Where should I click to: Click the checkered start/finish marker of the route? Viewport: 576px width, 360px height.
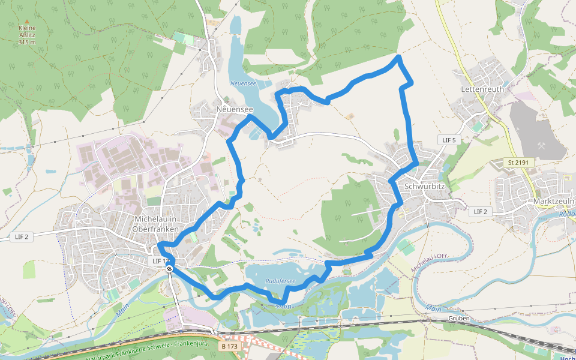click(x=170, y=269)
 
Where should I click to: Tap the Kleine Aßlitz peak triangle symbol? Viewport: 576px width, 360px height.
click(x=27, y=22)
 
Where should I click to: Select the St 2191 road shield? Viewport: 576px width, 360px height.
click(x=520, y=163)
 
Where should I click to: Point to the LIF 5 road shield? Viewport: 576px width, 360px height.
click(x=449, y=140)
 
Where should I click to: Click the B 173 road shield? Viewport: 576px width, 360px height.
click(x=229, y=346)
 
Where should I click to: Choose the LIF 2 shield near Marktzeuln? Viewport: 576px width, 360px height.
click(x=479, y=211)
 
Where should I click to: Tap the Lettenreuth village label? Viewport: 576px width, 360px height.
click(x=483, y=89)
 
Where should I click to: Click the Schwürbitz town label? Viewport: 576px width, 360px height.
click(x=425, y=186)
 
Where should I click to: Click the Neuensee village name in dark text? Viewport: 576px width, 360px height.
click(x=234, y=110)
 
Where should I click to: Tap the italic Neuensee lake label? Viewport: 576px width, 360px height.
click(x=244, y=83)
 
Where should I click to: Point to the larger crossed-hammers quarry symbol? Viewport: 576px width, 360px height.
click(x=543, y=146)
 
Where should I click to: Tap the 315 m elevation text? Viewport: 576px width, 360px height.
click(x=27, y=42)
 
